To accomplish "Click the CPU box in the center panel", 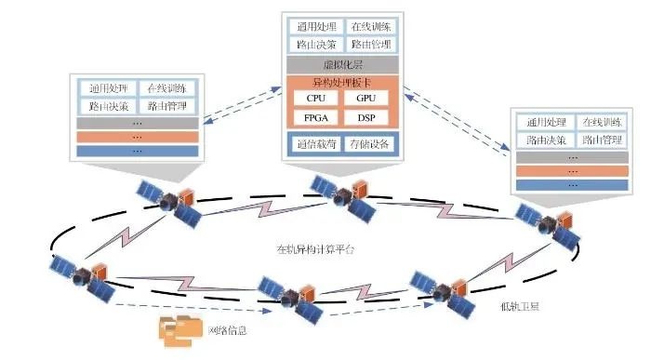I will (x=314, y=98).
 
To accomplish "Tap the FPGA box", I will (x=314, y=117).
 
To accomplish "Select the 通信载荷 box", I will (x=314, y=144).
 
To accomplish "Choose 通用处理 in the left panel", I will (x=107, y=89).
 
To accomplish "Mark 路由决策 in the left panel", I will (x=107, y=106).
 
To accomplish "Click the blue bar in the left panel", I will (x=137, y=151).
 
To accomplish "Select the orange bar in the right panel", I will (x=571, y=170).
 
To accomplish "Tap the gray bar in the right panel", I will (x=571, y=156).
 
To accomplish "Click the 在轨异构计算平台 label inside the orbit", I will (x=316, y=249).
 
